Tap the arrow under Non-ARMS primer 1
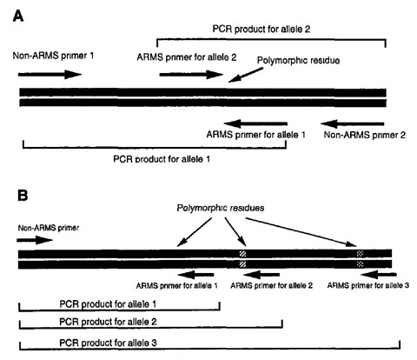click(x=50, y=76)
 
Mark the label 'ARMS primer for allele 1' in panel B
click(x=177, y=284)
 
